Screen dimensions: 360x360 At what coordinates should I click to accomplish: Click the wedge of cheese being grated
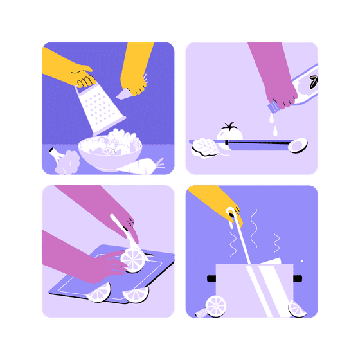[126, 94]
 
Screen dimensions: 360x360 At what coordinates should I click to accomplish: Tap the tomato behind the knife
[229, 131]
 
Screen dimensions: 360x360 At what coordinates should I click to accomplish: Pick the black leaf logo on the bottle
[314, 82]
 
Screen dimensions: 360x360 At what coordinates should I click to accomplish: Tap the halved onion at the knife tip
[298, 145]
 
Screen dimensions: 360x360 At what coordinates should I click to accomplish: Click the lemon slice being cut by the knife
[134, 260]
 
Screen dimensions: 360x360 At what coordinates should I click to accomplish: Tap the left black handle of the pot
[212, 278]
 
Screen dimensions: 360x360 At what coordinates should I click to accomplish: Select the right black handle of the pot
[297, 278]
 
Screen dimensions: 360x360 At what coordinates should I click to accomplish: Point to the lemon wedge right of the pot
[297, 308]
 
